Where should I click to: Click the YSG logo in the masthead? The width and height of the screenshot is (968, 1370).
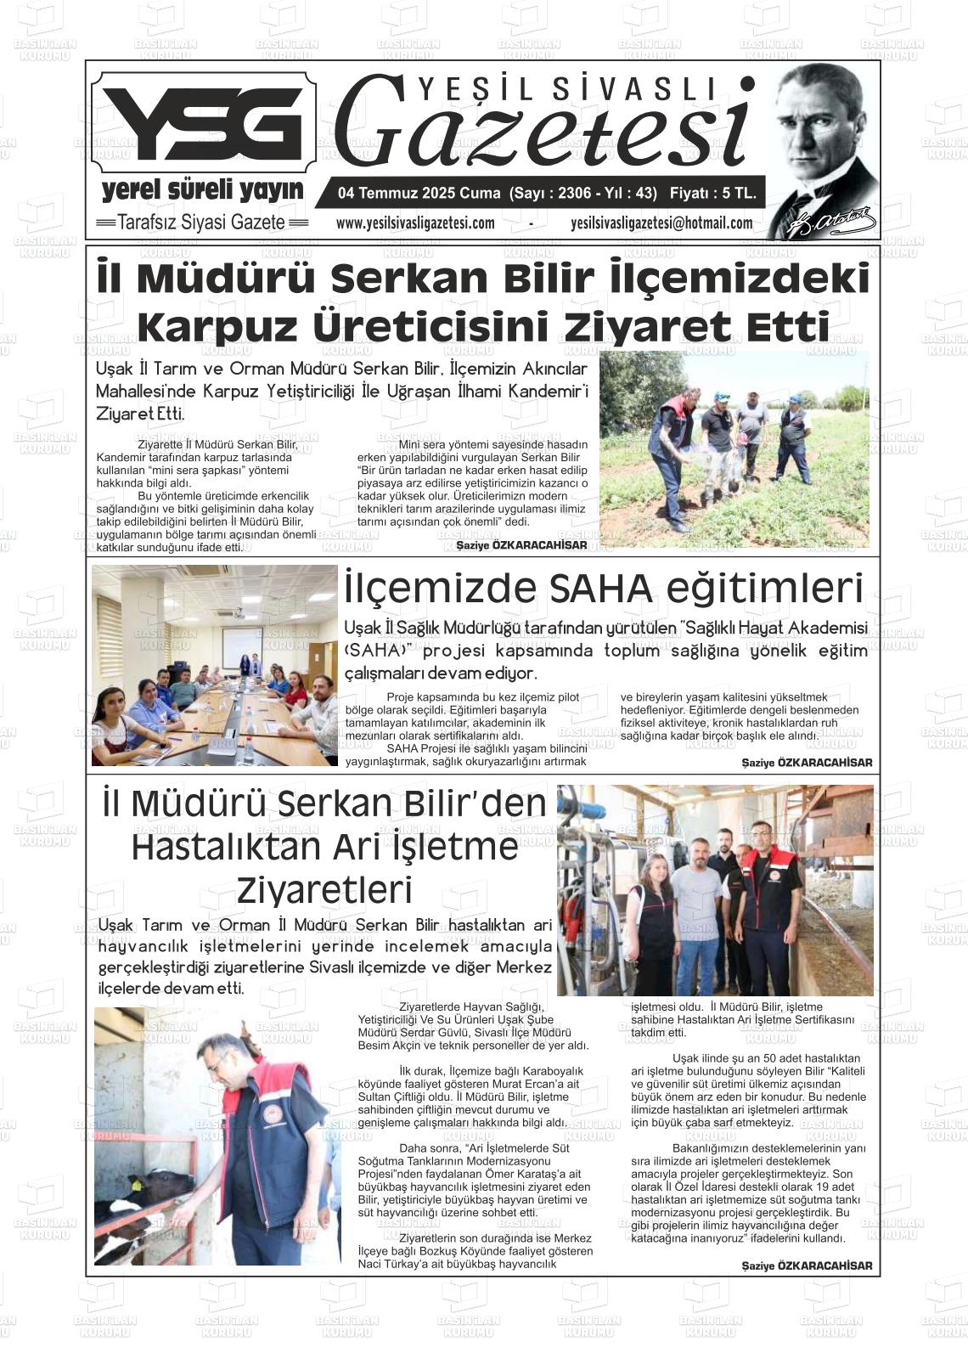tap(204, 124)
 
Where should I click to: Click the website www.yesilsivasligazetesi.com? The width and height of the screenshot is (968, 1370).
tap(415, 223)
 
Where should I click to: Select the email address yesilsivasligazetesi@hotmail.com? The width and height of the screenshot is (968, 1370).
tap(661, 223)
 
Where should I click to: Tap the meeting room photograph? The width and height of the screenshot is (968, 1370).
tap(214, 666)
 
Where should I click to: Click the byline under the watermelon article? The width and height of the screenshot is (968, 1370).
tap(521, 545)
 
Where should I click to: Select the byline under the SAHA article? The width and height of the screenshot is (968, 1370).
tap(806, 763)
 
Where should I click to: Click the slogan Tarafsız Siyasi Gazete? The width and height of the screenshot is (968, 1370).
tap(202, 223)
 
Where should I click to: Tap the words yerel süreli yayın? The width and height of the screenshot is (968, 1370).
tap(202, 189)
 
